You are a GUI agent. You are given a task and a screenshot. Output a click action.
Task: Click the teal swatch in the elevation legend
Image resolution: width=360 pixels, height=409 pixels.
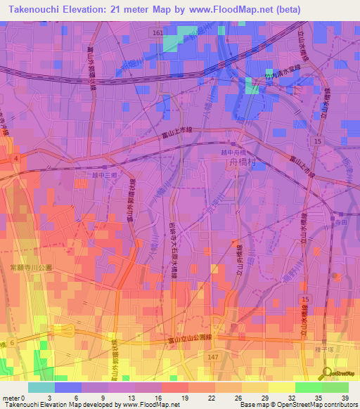41,387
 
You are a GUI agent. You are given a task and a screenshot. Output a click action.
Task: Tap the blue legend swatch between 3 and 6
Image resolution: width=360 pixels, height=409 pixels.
67,387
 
